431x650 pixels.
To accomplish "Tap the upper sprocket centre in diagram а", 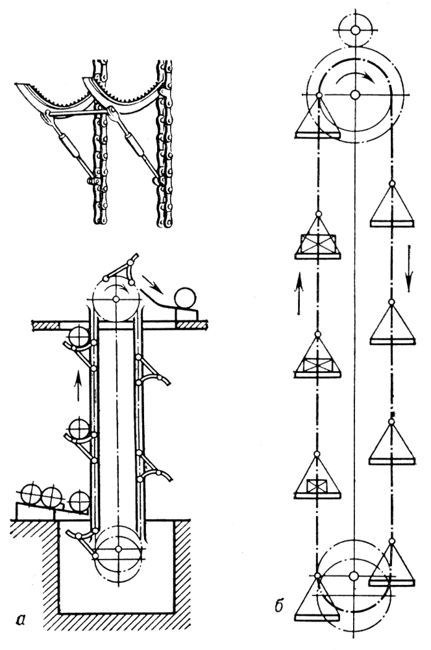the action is (x=116, y=298).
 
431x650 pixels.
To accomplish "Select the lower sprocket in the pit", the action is (x=119, y=550).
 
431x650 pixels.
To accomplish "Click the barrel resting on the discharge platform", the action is (x=186, y=298).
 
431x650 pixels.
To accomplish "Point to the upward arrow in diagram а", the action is (x=78, y=386).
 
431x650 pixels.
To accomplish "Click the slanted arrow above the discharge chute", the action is (x=153, y=283).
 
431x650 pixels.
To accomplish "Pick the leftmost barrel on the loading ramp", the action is (x=31, y=495).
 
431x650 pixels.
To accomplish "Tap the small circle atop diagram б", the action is (x=355, y=30).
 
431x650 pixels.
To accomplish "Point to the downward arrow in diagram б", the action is (x=409, y=268).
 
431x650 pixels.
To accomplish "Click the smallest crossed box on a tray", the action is (x=315, y=486).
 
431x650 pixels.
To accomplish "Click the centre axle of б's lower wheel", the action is (x=353, y=576).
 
